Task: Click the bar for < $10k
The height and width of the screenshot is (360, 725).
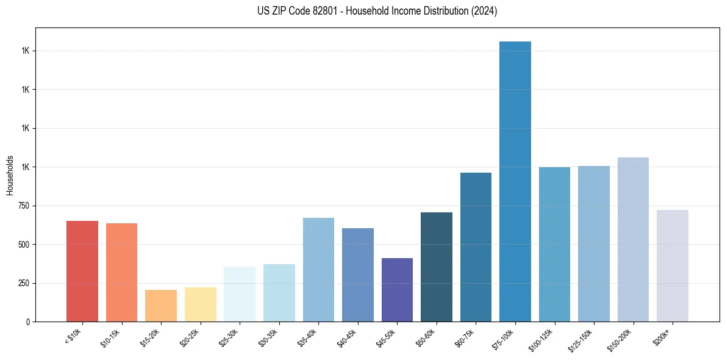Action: (x=82, y=271)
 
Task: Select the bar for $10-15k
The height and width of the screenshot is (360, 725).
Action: (x=121, y=272)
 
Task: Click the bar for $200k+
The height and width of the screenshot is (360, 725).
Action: (x=672, y=265)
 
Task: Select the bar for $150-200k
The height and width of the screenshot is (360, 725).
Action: (x=633, y=239)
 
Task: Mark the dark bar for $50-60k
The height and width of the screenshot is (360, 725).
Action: (x=437, y=267)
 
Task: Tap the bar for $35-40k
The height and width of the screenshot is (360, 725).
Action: (x=318, y=269)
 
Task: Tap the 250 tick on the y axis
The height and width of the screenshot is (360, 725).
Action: (x=24, y=283)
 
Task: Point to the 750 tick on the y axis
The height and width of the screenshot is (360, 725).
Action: (x=24, y=206)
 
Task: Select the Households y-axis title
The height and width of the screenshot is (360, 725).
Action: (x=10, y=175)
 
